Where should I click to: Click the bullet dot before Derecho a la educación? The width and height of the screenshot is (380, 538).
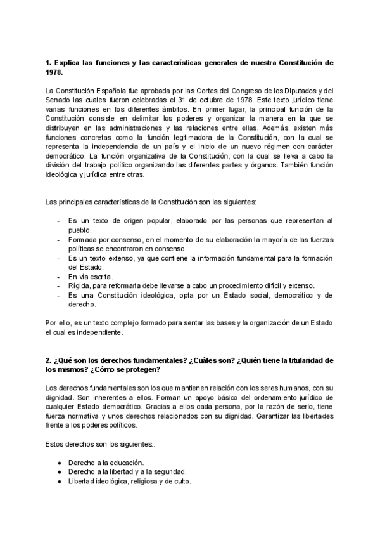(x=59, y=462)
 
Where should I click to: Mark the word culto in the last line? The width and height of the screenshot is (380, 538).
(x=179, y=481)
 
